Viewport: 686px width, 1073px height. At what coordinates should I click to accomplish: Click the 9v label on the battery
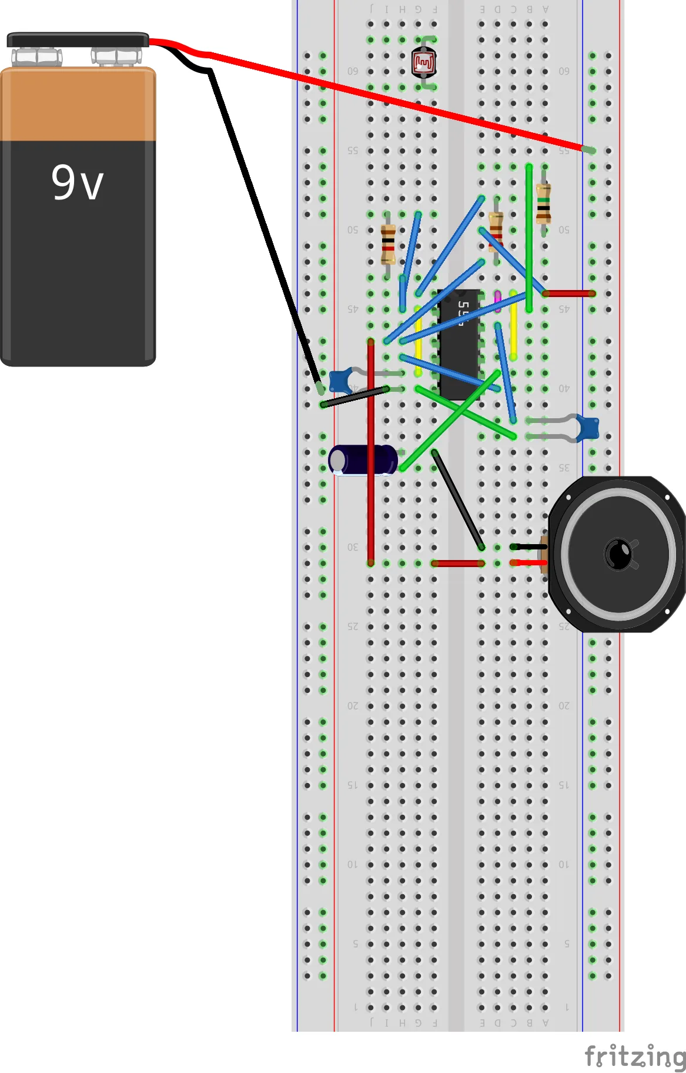tap(77, 182)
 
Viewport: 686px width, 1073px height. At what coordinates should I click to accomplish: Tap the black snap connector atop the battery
tap(77, 40)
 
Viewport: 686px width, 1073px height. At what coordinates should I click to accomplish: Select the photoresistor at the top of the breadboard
tap(424, 63)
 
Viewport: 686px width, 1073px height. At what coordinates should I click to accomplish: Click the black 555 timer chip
tap(459, 344)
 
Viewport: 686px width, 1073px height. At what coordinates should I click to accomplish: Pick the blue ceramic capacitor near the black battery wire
tap(341, 381)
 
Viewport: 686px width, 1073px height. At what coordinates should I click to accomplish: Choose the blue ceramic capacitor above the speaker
tap(587, 428)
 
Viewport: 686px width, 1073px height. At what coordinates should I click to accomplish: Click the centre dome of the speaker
tap(618, 554)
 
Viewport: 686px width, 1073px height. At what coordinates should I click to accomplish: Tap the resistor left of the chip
tap(388, 244)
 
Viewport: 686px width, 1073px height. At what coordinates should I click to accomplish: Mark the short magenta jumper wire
tap(498, 301)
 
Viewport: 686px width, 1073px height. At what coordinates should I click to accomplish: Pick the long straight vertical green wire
tap(529, 238)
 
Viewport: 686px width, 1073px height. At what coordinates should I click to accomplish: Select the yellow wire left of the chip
tap(418, 341)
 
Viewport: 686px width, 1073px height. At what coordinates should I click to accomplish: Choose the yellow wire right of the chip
tap(513, 325)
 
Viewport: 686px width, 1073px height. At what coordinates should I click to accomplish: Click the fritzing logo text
tap(635, 1056)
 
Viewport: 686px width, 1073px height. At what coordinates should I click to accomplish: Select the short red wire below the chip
tap(458, 564)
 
